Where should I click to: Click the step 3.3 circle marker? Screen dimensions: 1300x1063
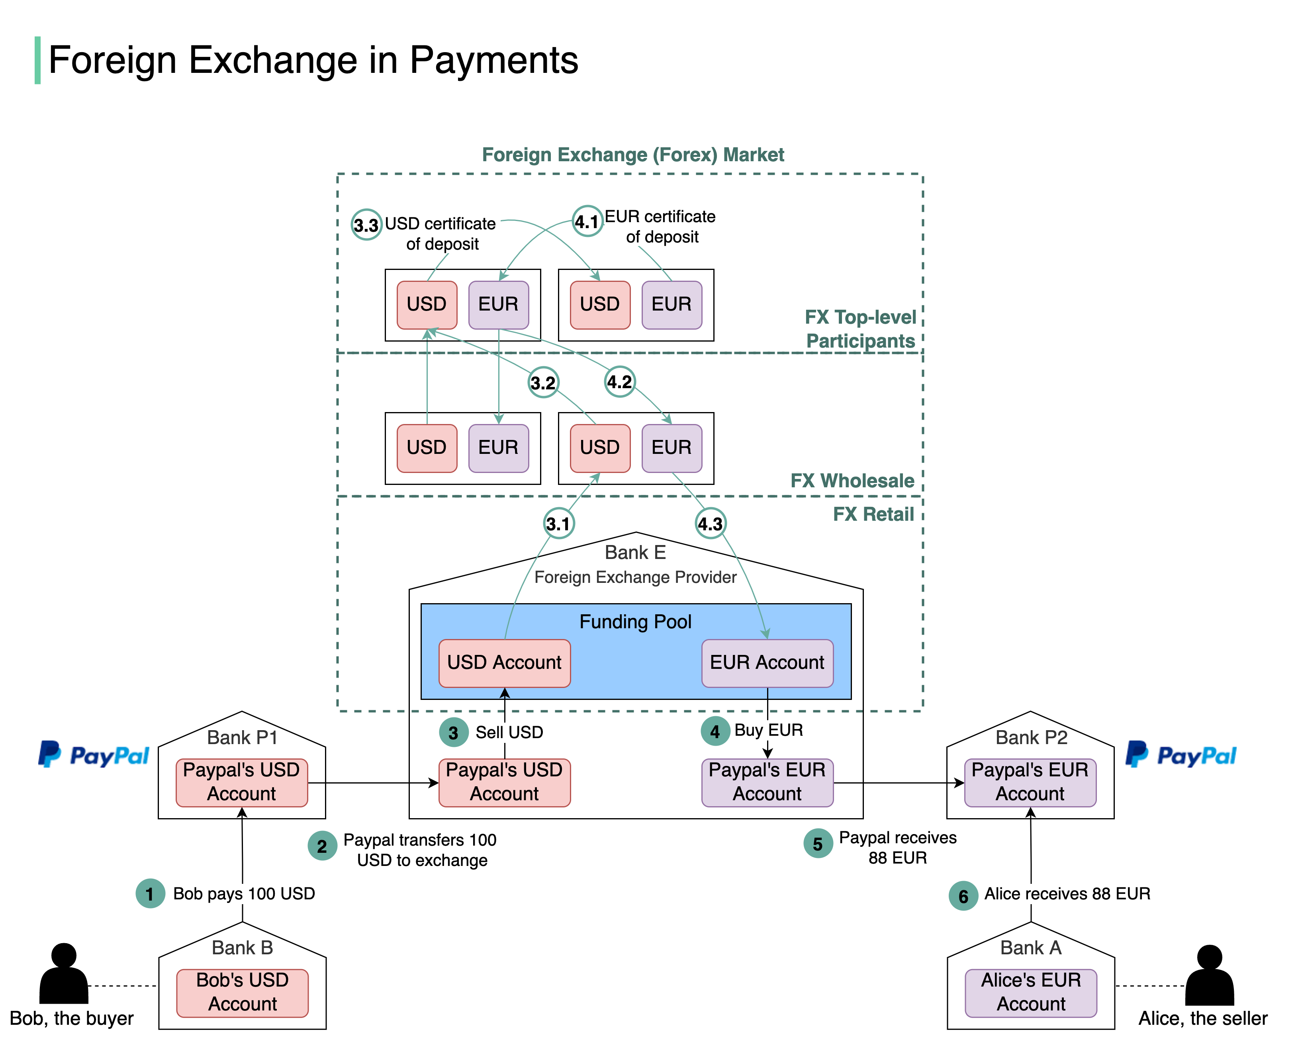click(x=366, y=225)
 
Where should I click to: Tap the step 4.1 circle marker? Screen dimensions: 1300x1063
click(x=587, y=221)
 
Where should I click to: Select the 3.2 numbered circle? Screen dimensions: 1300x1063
click(x=543, y=383)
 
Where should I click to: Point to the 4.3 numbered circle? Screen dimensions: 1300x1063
click(x=711, y=524)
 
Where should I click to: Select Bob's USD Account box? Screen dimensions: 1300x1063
click(x=243, y=993)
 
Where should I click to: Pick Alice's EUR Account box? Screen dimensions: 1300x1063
click(x=1031, y=993)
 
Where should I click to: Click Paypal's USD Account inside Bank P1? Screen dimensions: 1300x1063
click(x=242, y=783)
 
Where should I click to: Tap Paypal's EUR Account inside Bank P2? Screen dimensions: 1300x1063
click(x=1030, y=783)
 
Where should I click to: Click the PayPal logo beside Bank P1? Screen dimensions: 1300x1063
click(x=93, y=755)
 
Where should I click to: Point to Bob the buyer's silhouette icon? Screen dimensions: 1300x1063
click(x=64, y=973)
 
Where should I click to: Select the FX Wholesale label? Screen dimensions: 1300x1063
click(x=852, y=481)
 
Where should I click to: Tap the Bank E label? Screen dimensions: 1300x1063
click(x=635, y=552)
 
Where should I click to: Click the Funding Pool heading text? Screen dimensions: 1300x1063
click(x=635, y=621)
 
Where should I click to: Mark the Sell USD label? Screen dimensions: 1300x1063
click(x=509, y=732)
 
